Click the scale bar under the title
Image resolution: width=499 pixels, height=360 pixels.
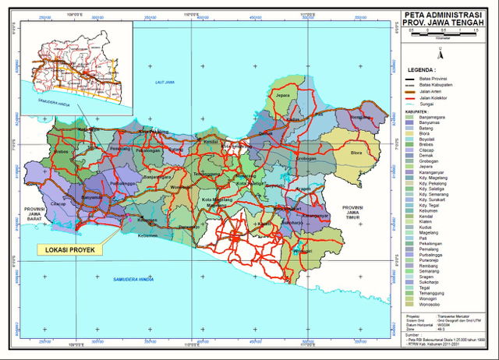point(438,34)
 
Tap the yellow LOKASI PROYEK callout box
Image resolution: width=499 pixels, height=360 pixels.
point(69,249)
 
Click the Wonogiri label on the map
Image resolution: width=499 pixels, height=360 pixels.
point(304,252)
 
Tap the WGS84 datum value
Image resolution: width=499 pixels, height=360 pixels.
point(445,325)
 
